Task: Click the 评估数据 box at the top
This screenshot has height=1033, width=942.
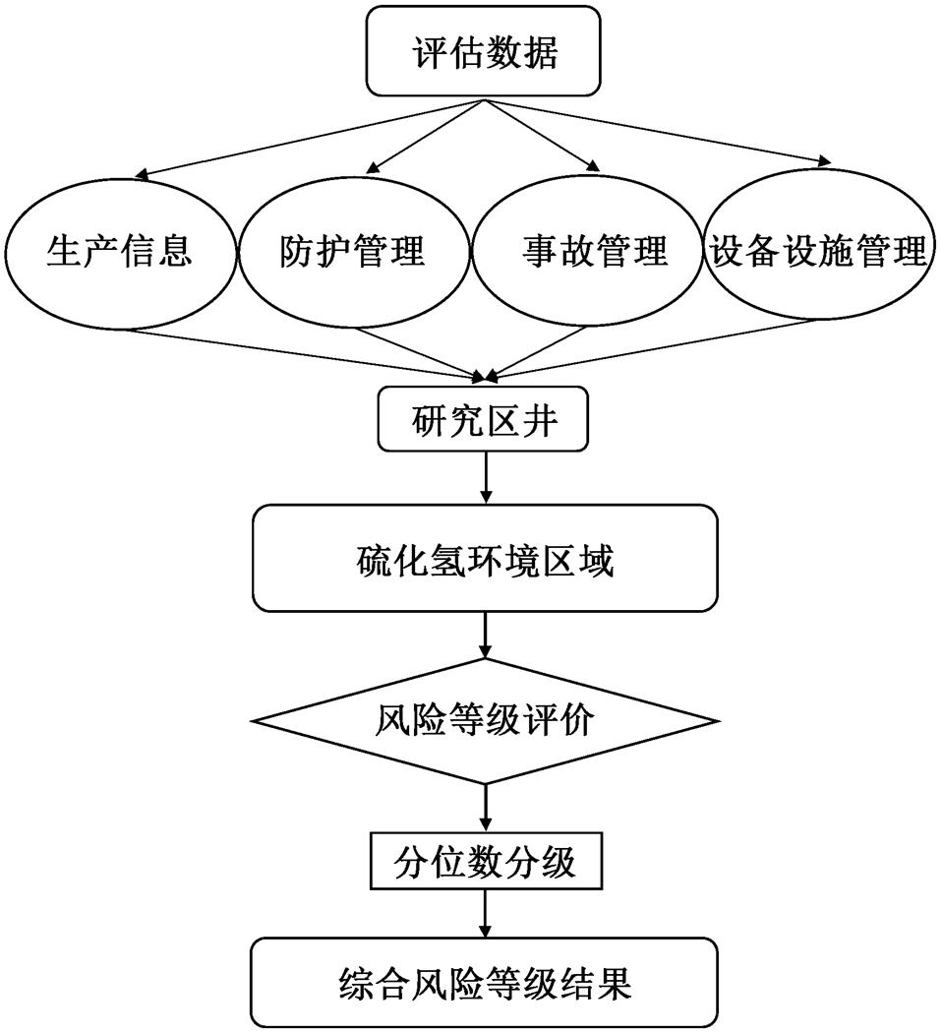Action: coord(483,51)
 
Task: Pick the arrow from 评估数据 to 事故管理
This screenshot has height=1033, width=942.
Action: coord(541,135)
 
